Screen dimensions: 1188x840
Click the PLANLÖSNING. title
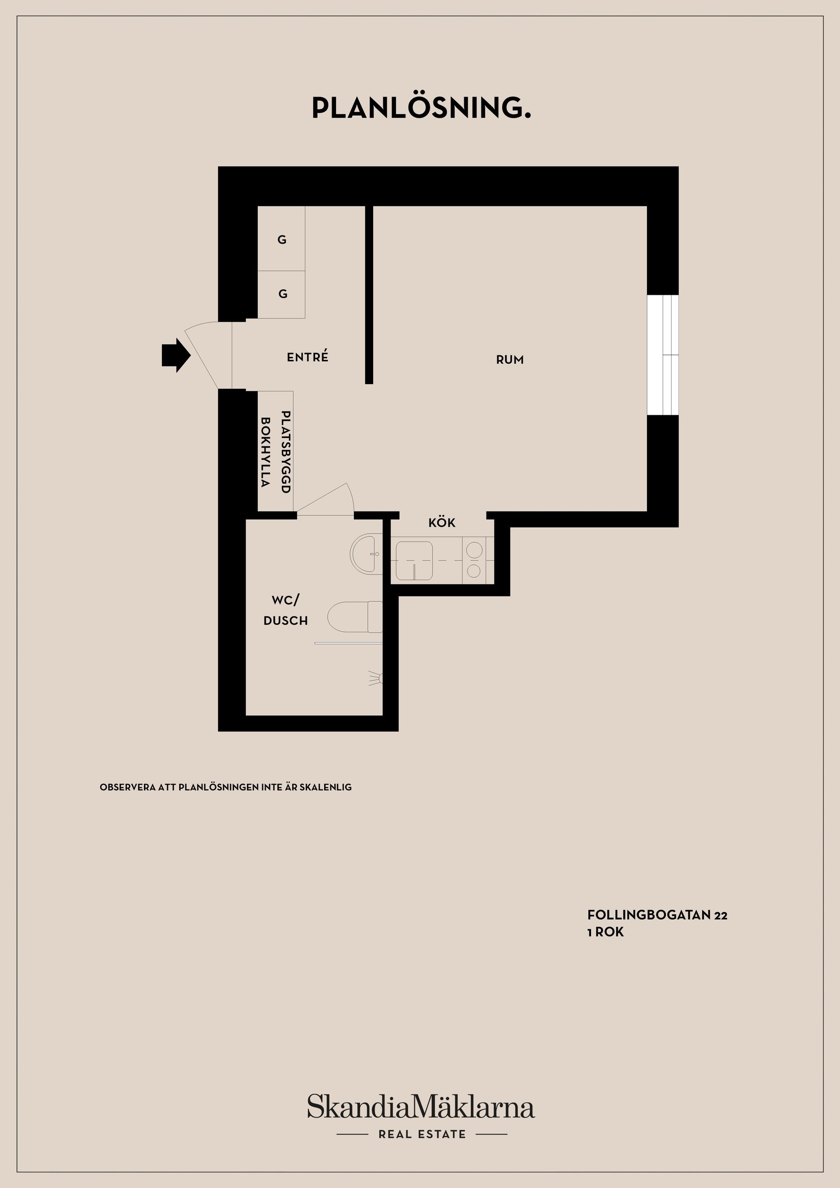pos(421,108)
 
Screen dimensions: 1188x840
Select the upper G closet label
pos(282,240)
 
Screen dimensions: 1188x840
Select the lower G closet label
pos(283,294)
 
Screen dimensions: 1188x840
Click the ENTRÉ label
pos(308,357)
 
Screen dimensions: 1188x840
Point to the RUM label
pos(510,360)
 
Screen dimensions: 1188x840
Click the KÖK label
pos(441,523)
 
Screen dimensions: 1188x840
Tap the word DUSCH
pos(285,620)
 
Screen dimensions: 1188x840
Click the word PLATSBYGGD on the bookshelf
pos(285,452)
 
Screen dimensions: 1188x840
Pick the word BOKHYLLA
pos(266,452)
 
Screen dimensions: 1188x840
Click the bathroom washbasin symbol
pos(367,553)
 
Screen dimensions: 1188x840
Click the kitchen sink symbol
pos(414,561)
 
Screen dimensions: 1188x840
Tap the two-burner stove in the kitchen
pos(473,560)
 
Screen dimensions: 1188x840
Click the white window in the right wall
pos(662,355)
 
